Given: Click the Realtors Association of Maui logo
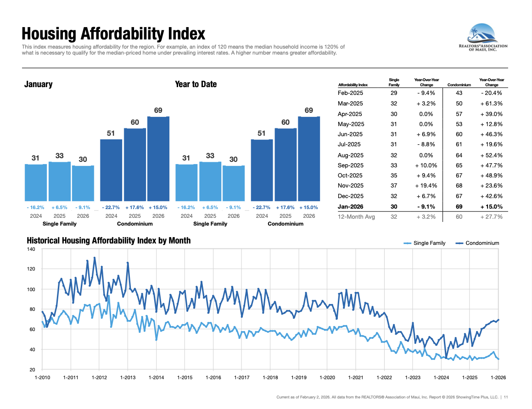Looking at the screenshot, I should click(x=483, y=39).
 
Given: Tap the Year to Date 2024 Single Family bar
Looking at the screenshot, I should click(x=186, y=182).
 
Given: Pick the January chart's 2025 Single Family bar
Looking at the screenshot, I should click(x=60, y=181).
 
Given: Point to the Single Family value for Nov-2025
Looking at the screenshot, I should click(x=394, y=186).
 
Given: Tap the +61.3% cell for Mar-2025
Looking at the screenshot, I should click(x=492, y=104).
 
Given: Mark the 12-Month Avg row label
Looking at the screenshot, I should click(x=356, y=216).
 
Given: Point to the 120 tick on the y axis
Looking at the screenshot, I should click(x=32, y=269).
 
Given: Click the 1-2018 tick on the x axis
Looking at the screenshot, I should click(x=270, y=378).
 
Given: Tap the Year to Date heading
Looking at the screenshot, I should click(x=196, y=84).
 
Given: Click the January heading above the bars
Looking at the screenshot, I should click(x=38, y=84).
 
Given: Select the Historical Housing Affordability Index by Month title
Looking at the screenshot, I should click(x=108, y=241).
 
